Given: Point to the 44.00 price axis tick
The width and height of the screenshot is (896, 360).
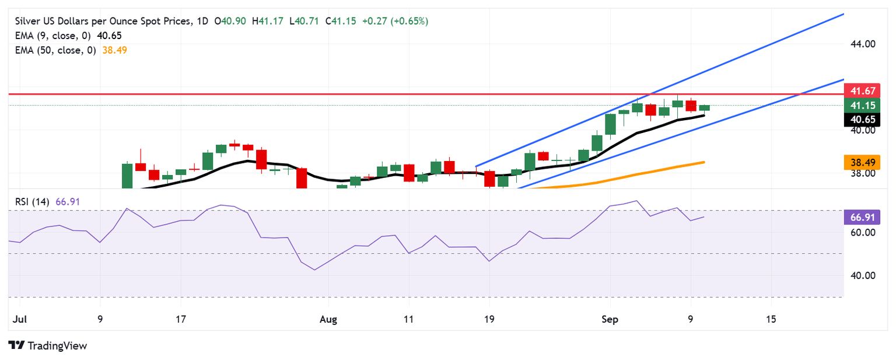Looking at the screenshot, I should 862,44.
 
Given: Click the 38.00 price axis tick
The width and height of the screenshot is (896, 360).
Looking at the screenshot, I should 862,173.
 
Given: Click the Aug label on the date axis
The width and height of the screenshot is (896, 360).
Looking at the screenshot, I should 328,320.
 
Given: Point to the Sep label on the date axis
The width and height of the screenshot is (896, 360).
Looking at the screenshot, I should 610,320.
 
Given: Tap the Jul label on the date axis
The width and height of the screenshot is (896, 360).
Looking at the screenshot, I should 19,320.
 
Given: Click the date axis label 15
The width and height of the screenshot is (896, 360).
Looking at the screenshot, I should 771,320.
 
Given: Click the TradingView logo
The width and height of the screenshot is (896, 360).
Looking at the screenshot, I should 48,345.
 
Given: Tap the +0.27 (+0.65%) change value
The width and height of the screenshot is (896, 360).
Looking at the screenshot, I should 395,22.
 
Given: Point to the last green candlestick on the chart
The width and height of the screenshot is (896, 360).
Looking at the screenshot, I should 704,107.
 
